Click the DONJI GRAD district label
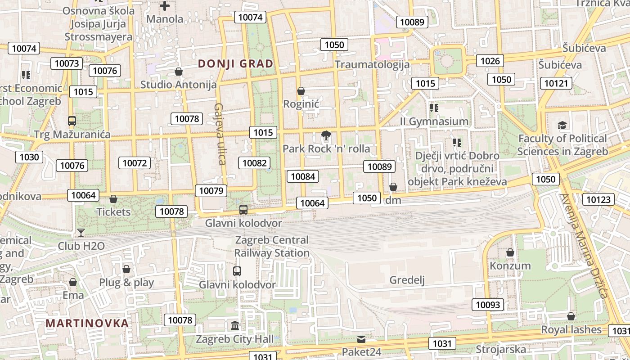coord(235,64)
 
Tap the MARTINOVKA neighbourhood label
coord(87,323)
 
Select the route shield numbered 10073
coord(67,63)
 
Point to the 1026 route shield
coord(490,61)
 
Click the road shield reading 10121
coord(558,83)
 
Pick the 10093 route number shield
coord(488,305)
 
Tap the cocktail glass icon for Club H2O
coord(81,233)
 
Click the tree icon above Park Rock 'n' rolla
coord(326,135)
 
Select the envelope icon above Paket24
coord(362,339)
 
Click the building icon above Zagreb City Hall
coord(234,325)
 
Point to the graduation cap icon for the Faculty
coord(562,125)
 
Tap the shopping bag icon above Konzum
coord(510,252)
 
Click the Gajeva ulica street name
coord(220,134)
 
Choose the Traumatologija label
coord(372,64)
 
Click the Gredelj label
coord(407,280)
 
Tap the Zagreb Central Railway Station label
coord(272,247)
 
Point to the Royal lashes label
coord(571,329)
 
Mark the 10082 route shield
coord(255,163)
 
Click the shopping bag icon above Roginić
coord(301,91)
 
